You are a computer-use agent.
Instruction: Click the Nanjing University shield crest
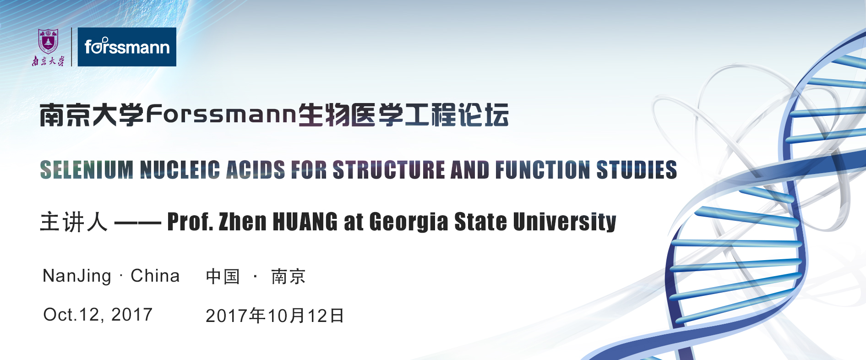pyautogui.click(x=48, y=41)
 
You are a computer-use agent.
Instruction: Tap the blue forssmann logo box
pyautogui.click(x=127, y=47)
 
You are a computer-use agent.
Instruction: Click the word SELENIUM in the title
pyautogui.click(x=87, y=170)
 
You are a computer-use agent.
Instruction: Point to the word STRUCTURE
pyautogui.click(x=388, y=170)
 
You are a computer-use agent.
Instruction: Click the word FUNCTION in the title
pyautogui.click(x=543, y=170)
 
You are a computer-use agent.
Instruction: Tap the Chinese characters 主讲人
pyautogui.click(x=74, y=222)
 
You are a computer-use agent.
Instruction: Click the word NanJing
pyautogui.click(x=77, y=276)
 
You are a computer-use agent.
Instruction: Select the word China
pyautogui.click(x=155, y=276)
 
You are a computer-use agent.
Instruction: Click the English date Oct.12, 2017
pyautogui.click(x=98, y=315)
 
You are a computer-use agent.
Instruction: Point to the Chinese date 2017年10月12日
pyautogui.click(x=275, y=316)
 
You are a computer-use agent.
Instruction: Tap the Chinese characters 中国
pyautogui.click(x=223, y=276)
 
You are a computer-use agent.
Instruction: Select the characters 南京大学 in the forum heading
pyautogui.click(x=92, y=115)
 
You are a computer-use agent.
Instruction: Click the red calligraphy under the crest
pyautogui.click(x=48, y=61)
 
